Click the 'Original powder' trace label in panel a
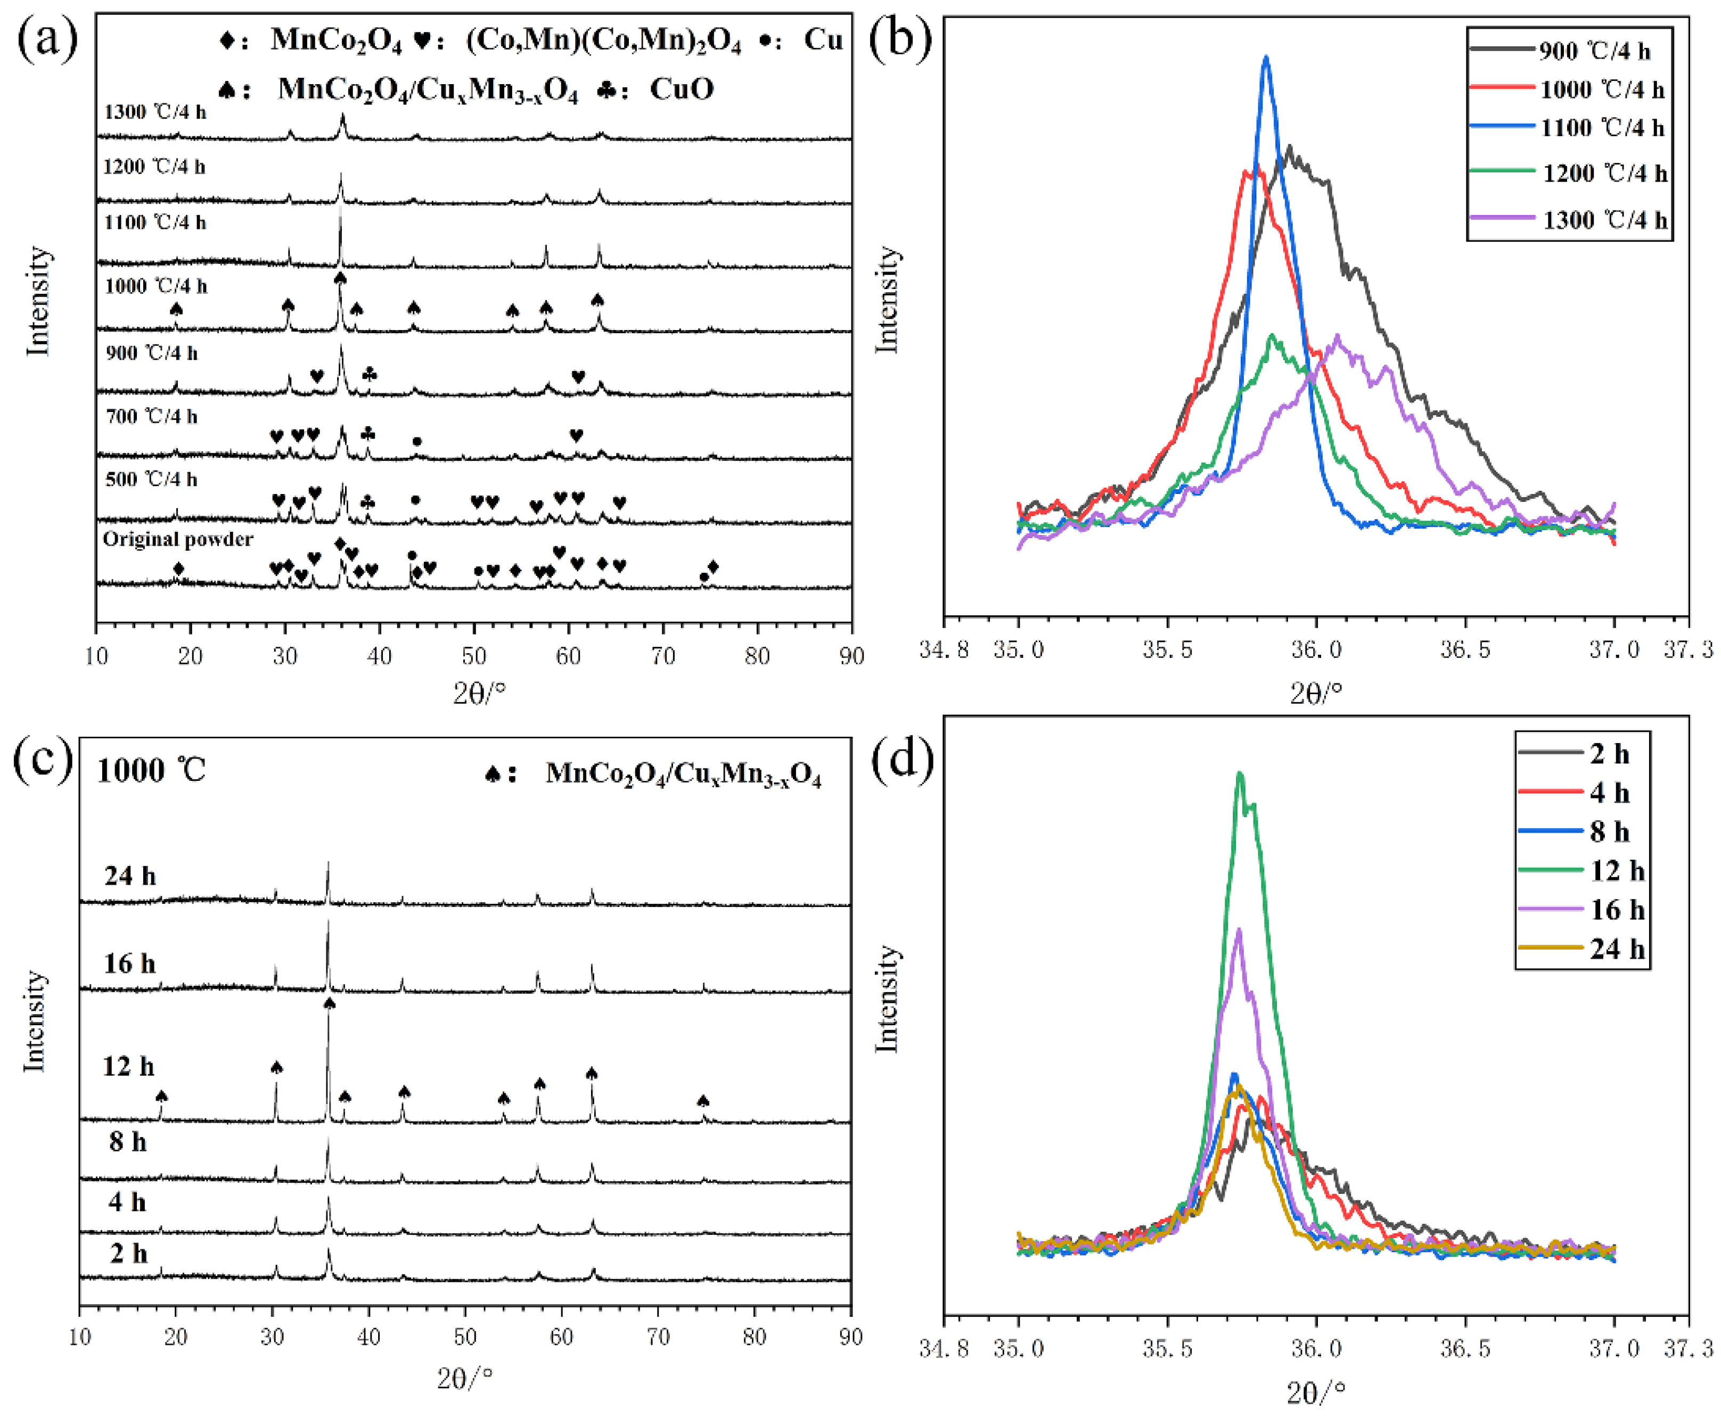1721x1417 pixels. [x=177, y=540]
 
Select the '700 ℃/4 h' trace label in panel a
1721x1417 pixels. [x=151, y=417]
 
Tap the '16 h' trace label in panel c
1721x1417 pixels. [x=129, y=964]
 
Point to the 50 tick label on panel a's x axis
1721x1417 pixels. [x=473, y=656]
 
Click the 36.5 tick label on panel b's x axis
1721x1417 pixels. [x=1465, y=650]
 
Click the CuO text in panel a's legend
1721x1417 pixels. [x=681, y=89]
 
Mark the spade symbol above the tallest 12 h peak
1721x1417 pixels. [x=329, y=1003]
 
